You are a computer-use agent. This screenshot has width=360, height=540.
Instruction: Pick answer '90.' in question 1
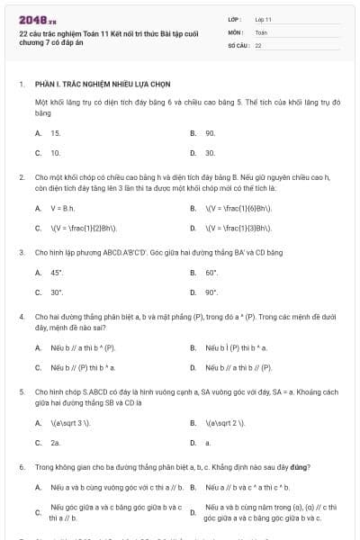tap(210, 133)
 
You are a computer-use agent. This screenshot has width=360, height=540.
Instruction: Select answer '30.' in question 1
tap(210, 153)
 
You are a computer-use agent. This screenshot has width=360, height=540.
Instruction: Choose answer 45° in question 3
tap(57, 273)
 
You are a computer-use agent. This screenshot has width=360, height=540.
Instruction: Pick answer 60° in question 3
tap(211, 273)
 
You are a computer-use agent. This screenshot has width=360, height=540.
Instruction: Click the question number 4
tap(21, 318)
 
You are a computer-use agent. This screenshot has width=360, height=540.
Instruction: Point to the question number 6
tap(21, 468)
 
